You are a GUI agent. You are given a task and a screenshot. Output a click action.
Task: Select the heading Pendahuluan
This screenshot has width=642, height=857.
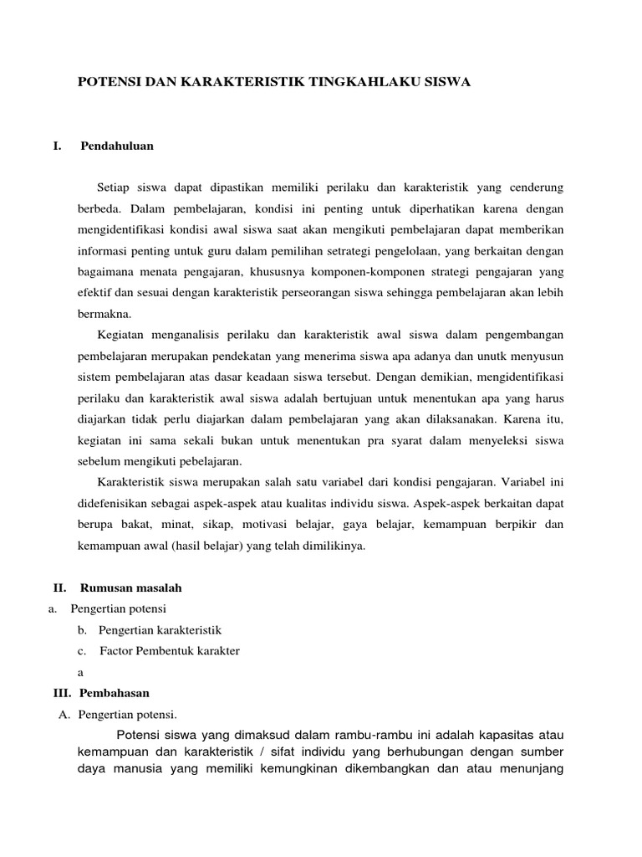117,146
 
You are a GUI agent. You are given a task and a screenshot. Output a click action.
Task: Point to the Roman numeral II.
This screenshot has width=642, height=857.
59,588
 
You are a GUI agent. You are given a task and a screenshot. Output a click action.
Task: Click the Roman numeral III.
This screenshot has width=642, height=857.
62,693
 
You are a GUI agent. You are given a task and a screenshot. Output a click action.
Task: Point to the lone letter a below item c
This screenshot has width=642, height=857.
79,672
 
